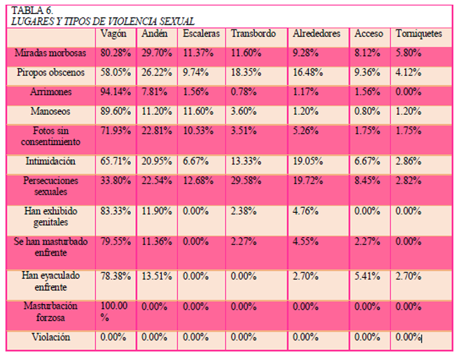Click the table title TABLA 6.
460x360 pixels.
(x=32, y=11)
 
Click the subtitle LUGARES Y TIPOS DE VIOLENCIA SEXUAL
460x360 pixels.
(x=103, y=22)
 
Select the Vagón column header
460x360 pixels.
(x=113, y=34)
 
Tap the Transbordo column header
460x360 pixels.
(x=253, y=34)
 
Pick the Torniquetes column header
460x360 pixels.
(x=419, y=34)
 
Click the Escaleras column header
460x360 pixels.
(x=201, y=34)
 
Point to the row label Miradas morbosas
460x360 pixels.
(x=50, y=53)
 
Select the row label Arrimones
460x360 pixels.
(x=50, y=92)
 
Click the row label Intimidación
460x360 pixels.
(x=50, y=161)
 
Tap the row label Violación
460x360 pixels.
(x=50, y=337)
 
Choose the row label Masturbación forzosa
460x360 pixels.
(x=50, y=312)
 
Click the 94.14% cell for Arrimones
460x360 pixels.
(x=116, y=92)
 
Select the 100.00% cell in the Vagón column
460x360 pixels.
(x=114, y=312)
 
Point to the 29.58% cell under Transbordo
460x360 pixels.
(x=246, y=181)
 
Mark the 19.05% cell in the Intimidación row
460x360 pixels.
(x=308, y=161)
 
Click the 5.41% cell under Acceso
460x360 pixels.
(x=367, y=276)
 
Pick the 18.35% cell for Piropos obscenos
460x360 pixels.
(x=246, y=72)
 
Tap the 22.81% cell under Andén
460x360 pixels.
(x=157, y=130)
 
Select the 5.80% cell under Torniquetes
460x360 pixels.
(x=408, y=53)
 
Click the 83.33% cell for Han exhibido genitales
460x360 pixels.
(x=116, y=211)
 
